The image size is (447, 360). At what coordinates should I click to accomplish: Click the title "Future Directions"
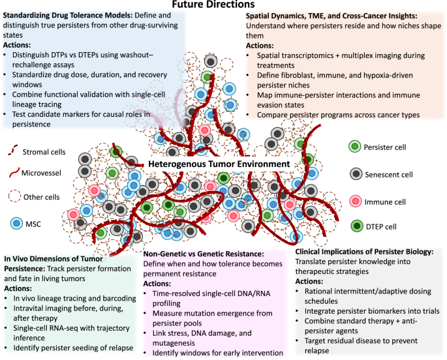[x=213, y=5]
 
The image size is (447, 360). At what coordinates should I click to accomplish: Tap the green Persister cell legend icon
[x=354, y=147]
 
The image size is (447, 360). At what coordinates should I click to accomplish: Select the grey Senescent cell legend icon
[x=356, y=174]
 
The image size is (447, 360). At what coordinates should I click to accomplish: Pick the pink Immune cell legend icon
[x=356, y=202]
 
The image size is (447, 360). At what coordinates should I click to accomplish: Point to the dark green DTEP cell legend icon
[x=357, y=226]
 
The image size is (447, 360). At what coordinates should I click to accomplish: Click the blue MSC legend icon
[x=16, y=223]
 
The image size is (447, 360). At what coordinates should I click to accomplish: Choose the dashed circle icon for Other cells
[x=14, y=196]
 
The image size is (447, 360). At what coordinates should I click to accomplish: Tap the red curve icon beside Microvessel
[x=14, y=172]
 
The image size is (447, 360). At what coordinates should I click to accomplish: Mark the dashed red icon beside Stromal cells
[x=13, y=150]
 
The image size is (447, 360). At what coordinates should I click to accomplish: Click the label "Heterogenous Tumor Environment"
[x=219, y=164]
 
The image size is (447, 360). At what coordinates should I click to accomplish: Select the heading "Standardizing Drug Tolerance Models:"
[x=68, y=16]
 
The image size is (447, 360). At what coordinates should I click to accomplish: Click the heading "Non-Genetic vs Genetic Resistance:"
[x=204, y=254]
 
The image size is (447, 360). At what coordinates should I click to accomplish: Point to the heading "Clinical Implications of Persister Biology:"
[x=364, y=252]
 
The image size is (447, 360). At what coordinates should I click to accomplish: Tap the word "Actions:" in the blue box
[x=17, y=45]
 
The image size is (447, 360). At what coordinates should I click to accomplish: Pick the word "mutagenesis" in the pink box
[x=174, y=343]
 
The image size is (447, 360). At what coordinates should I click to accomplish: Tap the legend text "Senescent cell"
[x=389, y=175]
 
